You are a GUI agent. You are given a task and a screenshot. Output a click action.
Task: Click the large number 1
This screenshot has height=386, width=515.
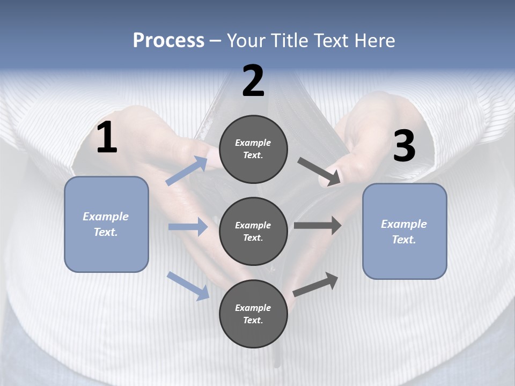click(107, 138)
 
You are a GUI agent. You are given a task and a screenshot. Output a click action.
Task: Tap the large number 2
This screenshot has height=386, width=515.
click(253, 81)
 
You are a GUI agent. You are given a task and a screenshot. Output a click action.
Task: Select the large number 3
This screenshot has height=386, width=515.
click(404, 146)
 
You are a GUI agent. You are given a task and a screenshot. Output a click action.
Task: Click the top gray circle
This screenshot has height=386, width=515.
click(253, 149)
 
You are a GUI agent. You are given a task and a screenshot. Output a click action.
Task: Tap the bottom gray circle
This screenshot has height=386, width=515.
click(253, 314)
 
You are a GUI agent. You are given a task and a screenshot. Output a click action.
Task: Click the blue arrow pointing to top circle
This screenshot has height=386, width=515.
click(187, 171)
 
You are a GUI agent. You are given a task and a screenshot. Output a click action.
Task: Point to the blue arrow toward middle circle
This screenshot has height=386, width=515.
click(188, 227)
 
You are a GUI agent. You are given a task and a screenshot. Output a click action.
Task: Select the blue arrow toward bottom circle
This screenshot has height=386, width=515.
click(188, 285)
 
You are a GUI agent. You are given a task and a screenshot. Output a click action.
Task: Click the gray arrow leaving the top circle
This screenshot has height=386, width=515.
click(319, 171)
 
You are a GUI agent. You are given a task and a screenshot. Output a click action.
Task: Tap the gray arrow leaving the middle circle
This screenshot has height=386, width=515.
click(318, 226)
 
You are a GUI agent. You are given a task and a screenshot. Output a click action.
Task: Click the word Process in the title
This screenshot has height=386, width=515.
click(168, 40)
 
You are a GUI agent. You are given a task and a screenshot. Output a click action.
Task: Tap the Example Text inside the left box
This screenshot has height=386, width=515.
click(106, 224)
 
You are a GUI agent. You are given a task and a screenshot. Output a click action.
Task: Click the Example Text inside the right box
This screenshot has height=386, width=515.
click(404, 232)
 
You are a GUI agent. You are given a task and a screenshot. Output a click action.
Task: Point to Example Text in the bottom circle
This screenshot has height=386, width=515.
click(253, 314)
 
